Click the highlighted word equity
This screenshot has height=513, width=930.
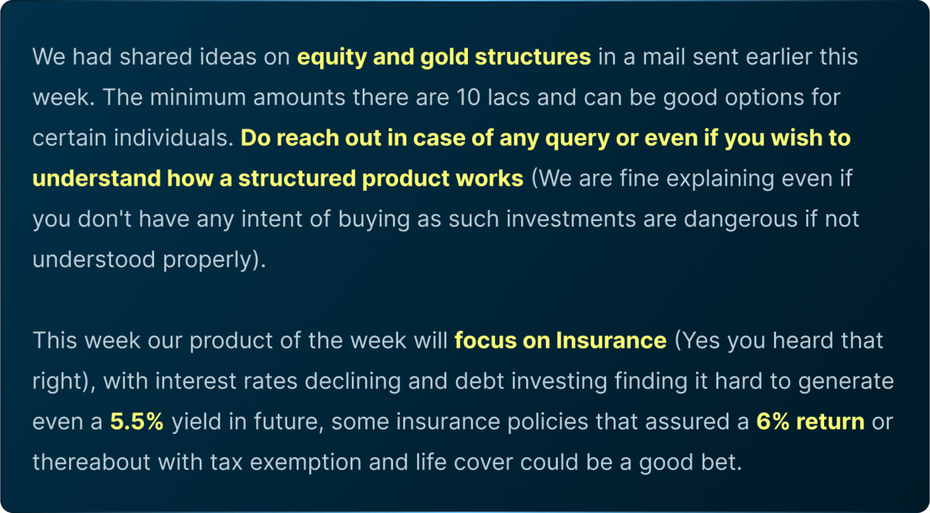click(332, 58)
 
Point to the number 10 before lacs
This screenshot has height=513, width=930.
click(469, 98)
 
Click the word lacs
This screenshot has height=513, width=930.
click(509, 97)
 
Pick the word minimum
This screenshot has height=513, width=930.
click(198, 97)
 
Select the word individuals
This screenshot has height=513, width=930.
click(173, 137)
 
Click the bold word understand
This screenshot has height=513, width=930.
click(96, 178)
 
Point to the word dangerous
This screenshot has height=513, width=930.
click(740, 220)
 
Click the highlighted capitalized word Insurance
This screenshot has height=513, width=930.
click(611, 340)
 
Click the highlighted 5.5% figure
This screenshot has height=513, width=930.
click(137, 422)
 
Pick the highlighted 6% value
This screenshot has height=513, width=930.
click(772, 422)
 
